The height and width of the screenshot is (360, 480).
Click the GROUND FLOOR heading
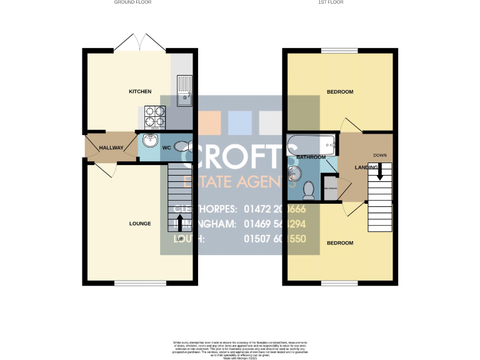point(132,2)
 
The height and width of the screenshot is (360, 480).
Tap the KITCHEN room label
point(140,92)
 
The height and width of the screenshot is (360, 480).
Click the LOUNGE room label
point(140,223)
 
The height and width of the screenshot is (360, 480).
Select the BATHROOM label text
point(311,157)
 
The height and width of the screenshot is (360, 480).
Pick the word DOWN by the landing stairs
point(380,155)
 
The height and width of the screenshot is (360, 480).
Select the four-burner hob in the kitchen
point(156,117)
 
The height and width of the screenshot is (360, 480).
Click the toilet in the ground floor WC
point(182,146)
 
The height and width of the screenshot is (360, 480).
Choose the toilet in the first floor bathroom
point(308,188)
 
